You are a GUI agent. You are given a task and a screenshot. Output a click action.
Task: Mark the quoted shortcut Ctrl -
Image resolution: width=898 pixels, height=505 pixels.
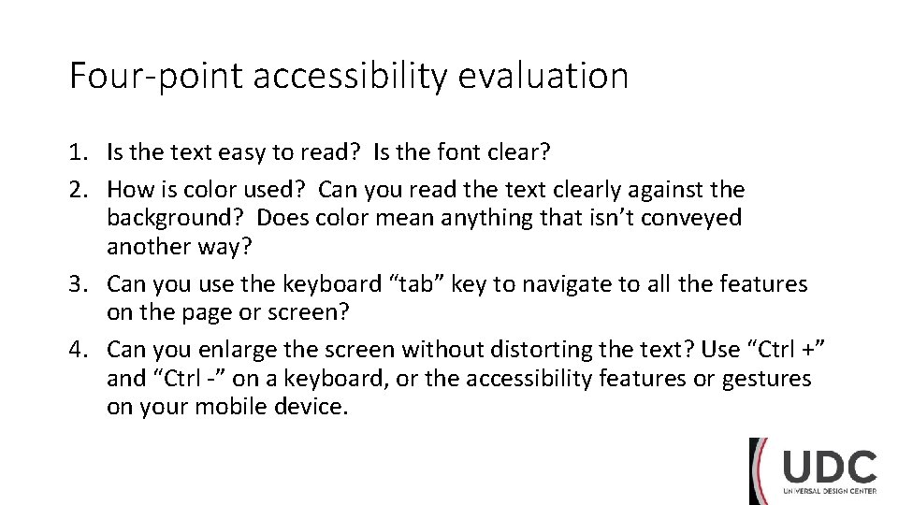(188, 378)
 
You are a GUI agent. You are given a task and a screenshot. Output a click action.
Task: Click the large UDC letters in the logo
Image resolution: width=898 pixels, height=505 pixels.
(830, 468)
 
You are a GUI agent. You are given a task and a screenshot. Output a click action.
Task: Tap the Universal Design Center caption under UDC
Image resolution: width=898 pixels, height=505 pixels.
(830, 492)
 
